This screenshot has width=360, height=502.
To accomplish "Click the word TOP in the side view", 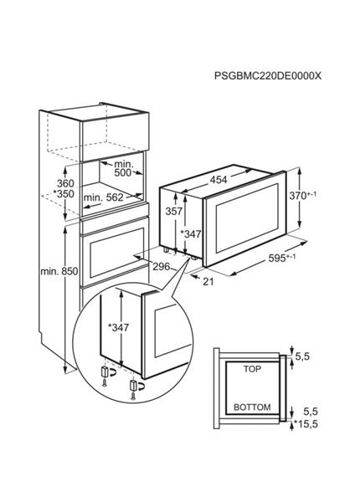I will click(252, 370).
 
